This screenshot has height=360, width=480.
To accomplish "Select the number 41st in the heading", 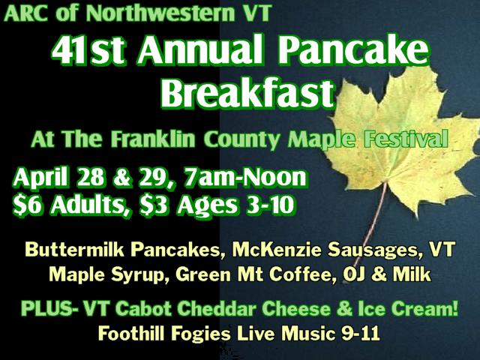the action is coord(88,49).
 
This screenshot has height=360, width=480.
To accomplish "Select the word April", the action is coord(40,178).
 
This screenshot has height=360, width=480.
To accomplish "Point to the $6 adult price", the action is coord(27,205).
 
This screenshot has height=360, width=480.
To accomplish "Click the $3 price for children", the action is coord(153,205).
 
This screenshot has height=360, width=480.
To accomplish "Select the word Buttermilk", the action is coord(75,250).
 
